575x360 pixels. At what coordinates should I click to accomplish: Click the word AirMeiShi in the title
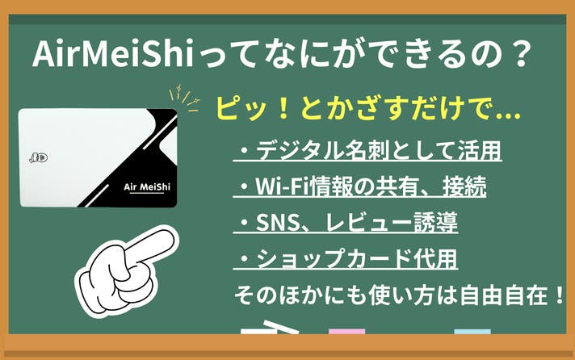pos(113,54)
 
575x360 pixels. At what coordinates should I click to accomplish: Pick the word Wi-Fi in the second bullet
pos(282,186)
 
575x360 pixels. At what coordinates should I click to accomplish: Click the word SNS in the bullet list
pos(277,222)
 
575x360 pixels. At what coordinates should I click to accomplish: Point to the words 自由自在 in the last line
pos(504,295)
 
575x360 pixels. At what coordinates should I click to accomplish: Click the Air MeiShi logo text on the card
pos(147,187)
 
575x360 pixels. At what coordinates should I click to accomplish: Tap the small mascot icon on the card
pos(39,157)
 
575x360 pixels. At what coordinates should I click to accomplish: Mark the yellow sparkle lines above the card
pos(184,98)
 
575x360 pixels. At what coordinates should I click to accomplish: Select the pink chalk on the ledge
pos(346,332)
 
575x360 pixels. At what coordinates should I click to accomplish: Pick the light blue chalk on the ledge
pos(472,332)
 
